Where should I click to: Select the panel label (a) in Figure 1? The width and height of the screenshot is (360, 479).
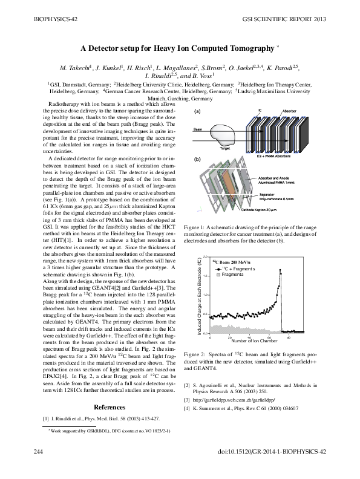(197, 112)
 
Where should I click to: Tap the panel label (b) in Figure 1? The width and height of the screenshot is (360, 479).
(197, 159)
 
